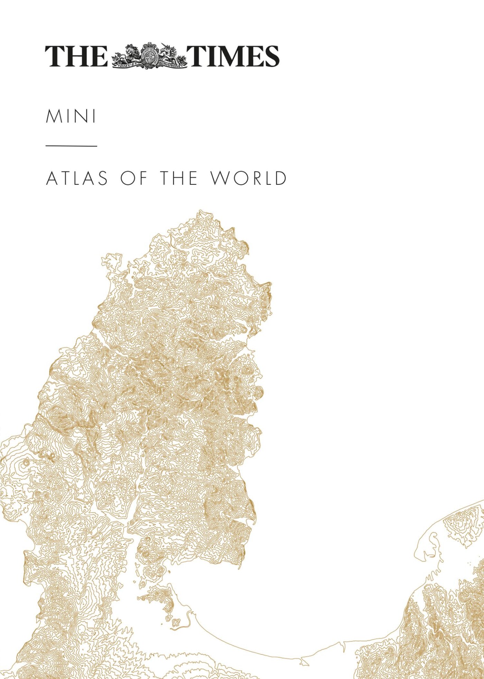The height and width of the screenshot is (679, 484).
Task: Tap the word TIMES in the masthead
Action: [233, 56]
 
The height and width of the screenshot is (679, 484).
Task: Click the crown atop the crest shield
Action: [150, 46]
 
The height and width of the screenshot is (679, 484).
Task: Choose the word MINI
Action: [71, 116]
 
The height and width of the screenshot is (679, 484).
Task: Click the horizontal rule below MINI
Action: [71, 146]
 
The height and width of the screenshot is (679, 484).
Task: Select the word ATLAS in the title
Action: [77, 178]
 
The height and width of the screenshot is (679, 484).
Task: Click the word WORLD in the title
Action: [249, 178]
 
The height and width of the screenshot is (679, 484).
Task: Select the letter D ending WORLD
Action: [280, 178]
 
